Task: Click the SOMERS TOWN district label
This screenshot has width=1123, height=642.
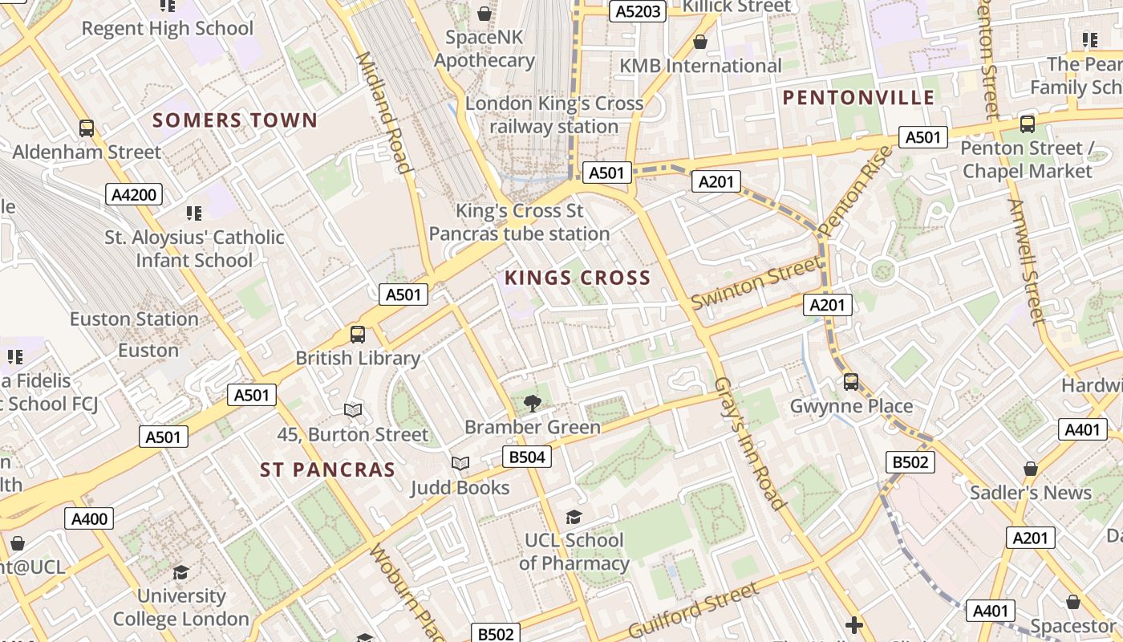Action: coord(235,120)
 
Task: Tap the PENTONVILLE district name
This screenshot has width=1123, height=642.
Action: coord(859,98)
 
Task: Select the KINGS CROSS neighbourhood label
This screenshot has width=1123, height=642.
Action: coord(578,278)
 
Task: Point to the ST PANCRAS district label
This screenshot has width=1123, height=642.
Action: coord(328,469)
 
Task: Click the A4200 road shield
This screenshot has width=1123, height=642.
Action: coord(134,193)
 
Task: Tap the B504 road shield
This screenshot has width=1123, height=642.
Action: coord(527,457)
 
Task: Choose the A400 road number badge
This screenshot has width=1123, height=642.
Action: coord(89,519)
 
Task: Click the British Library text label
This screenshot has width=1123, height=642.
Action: coord(358,358)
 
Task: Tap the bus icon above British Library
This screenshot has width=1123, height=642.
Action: coord(358,335)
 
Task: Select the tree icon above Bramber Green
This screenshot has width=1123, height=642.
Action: coord(532,404)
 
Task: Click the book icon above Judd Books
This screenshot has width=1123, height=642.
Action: coord(460,464)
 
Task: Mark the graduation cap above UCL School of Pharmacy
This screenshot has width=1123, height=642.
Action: coord(573,517)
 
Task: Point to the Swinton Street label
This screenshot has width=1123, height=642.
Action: coord(756,282)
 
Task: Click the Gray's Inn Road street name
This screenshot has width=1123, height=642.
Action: coord(748,444)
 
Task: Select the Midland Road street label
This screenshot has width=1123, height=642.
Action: coord(383,112)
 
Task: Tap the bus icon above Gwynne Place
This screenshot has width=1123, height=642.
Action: coord(851,382)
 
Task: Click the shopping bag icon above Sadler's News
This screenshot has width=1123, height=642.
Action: coord(1031,469)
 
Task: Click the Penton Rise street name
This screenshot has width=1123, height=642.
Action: coord(856,190)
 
